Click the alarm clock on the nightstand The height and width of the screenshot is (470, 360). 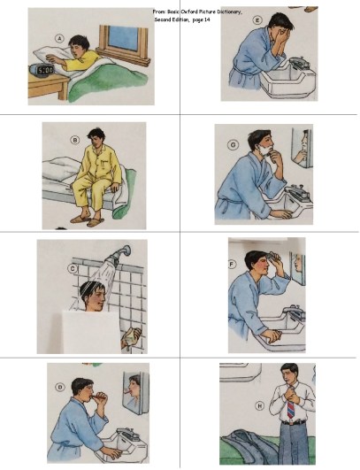tap(44, 68)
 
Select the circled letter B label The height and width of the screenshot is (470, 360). tap(75, 139)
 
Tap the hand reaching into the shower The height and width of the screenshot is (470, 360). tap(134, 337)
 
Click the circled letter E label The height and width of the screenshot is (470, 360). tap(257, 19)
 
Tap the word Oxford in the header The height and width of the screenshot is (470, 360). tap(195, 11)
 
